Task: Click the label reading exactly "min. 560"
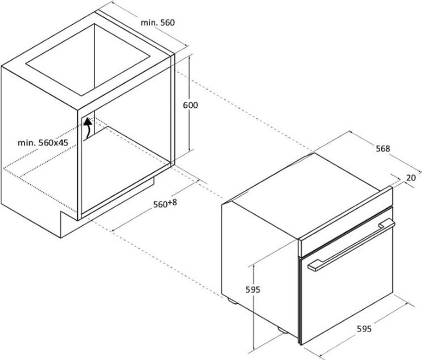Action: [158, 23]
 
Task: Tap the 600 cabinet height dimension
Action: [190, 105]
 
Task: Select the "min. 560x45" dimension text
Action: [43, 143]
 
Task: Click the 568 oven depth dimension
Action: [383, 149]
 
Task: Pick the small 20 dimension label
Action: [411, 178]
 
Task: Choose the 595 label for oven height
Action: [253, 290]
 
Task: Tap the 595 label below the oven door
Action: [364, 328]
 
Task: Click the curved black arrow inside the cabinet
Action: [88, 128]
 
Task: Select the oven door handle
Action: [350, 246]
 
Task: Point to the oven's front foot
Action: [282, 330]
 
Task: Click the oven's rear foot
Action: [232, 301]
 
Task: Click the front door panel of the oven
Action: [346, 288]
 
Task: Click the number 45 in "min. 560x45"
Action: [63, 143]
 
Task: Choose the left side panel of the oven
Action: [260, 264]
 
